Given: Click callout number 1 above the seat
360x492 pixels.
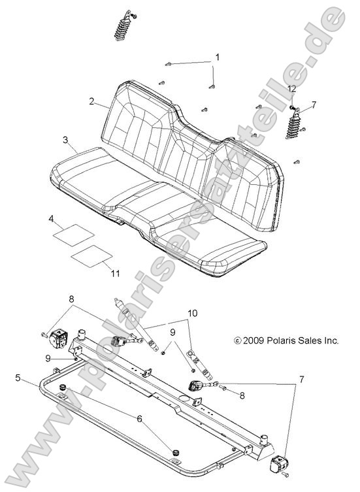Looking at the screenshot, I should [x=218, y=57].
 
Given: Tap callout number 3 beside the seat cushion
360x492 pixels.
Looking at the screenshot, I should [x=65, y=140].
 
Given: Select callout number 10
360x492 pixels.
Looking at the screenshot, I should [x=191, y=313].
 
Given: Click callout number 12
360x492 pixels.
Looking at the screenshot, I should [x=292, y=88].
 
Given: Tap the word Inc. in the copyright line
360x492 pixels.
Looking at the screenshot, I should [x=329, y=340].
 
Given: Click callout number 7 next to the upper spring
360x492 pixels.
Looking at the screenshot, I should [x=314, y=104].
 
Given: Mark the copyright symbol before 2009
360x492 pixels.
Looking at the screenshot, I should [x=237, y=340].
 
